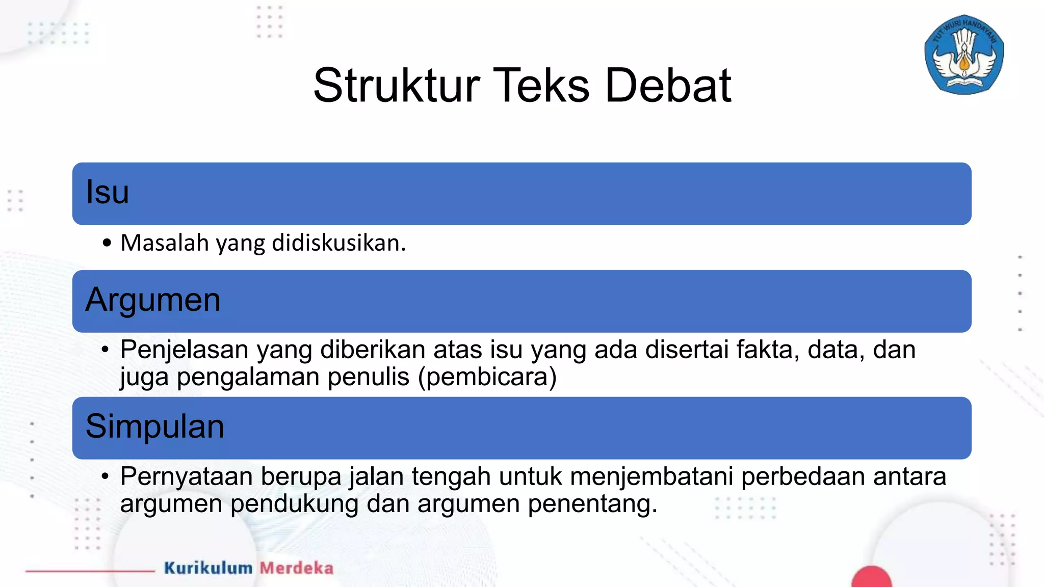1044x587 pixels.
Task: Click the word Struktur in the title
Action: tap(397, 86)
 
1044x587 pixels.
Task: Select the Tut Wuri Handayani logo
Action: tap(964, 55)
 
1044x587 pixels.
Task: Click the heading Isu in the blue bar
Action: tap(107, 193)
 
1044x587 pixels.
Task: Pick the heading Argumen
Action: tap(153, 300)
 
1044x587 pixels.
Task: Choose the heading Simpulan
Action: tap(155, 426)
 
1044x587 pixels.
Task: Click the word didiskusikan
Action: tap(338, 243)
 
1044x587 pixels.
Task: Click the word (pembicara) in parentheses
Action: tap(487, 377)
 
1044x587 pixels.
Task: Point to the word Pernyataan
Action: tap(187, 477)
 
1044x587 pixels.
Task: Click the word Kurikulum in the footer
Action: tap(208, 568)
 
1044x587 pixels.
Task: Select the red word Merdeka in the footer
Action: tap(297, 568)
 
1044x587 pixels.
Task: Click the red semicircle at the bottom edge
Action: tap(871, 578)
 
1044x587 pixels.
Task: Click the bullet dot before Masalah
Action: tap(106, 243)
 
